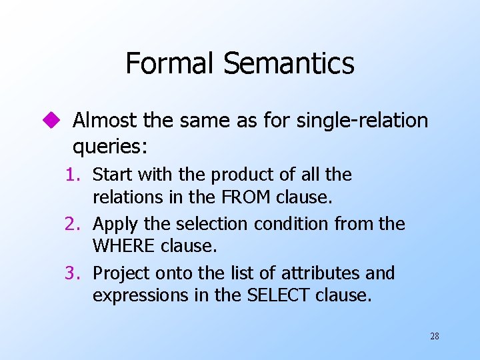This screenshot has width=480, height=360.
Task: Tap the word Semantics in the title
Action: click(289, 64)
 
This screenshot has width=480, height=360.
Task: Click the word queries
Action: click(111, 145)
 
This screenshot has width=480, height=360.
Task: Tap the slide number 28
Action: click(435, 337)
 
